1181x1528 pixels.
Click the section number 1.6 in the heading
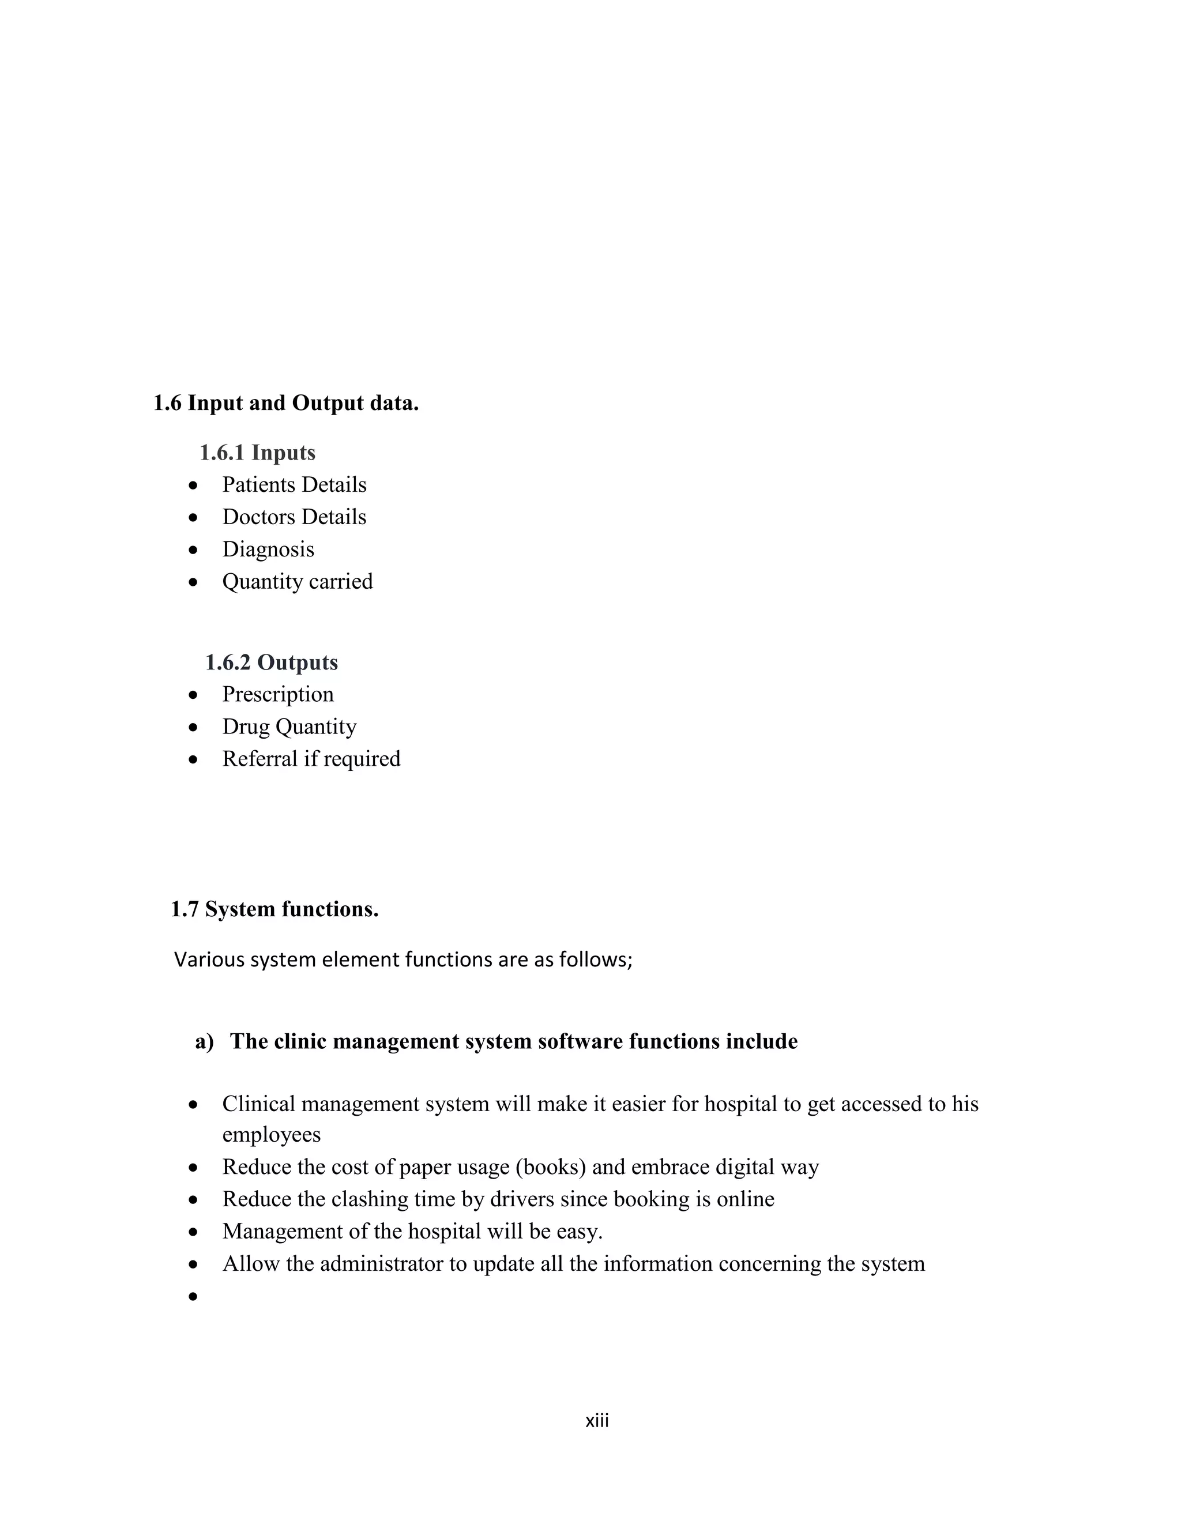pyautogui.click(x=167, y=404)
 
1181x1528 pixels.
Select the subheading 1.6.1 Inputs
pyautogui.click(x=257, y=453)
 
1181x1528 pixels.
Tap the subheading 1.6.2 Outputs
pyautogui.click(x=272, y=662)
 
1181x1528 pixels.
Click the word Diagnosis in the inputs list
pyautogui.click(x=268, y=549)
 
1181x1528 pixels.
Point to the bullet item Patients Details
pyautogui.click(x=294, y=485)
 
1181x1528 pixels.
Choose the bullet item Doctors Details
pyautogui.click(x=294, y=517)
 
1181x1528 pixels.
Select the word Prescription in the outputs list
pyautogui.click(x=278, y=694)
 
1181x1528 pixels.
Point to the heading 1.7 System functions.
pyautogui.click(x=274, y=909)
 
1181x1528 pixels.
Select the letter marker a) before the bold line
pyautogui.click(x=204, y=1042)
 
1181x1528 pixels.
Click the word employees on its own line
pyautogui.click(x=272, y=1134)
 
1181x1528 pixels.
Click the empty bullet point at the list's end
pyautogui.click(x=194, y=1296)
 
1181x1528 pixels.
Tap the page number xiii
pyautogui.click(x=597, y=1421)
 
